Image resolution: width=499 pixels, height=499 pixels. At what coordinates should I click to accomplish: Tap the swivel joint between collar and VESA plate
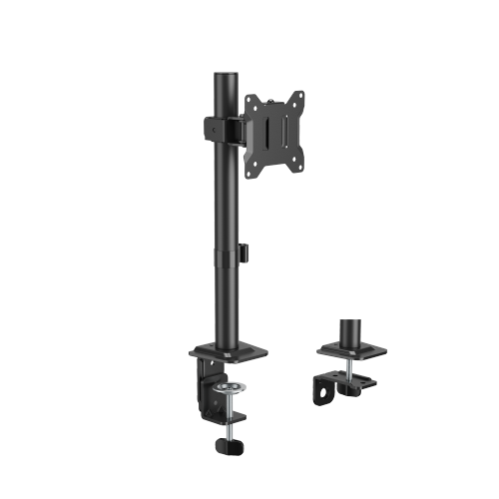(x=240, y=128)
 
